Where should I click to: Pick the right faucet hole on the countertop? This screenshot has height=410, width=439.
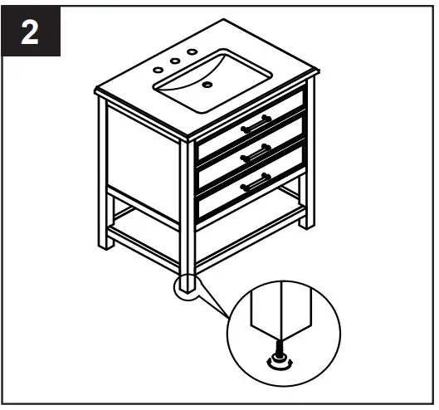192,51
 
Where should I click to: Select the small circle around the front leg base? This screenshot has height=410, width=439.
188,287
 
